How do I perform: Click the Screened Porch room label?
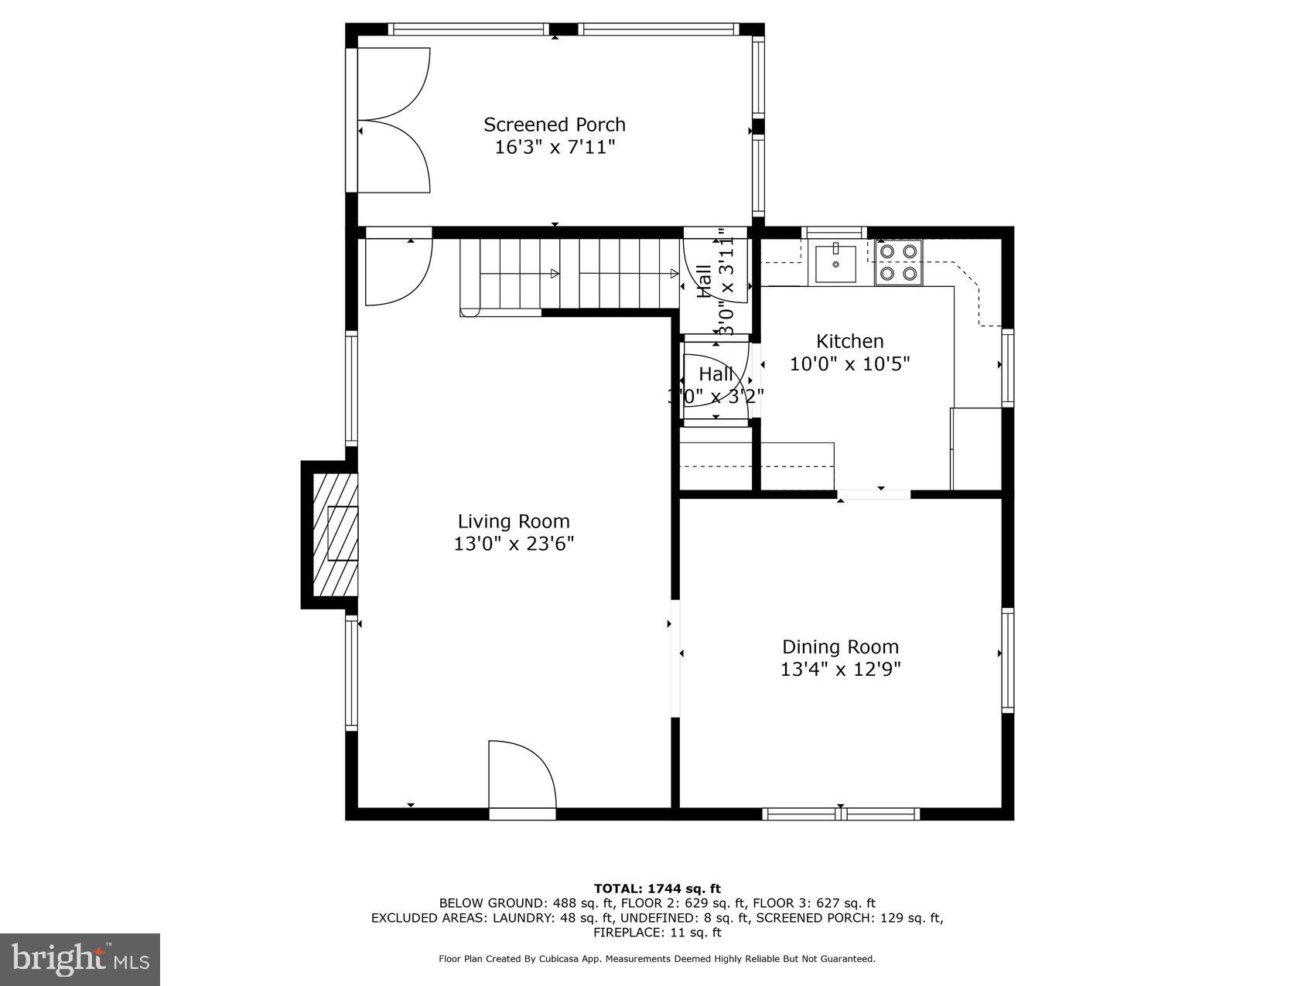click(x=554, y=125)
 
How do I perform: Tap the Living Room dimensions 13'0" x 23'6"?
click(x=514, y=544)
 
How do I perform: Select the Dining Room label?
click(x=840, y=647)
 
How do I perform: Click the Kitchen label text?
click(x=849, y=341)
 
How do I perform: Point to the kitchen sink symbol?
click(x=835, y=263)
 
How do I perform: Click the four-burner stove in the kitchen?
click(x=899, y=262)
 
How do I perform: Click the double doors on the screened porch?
click(x=393, y=120)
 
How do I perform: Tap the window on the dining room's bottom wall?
click(x=840, y=814)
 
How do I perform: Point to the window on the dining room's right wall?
click(x=1008, y=660)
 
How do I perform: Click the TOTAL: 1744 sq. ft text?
click(x=657, y=889)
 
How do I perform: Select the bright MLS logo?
click(x=80, y=959)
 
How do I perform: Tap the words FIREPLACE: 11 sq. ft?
click(x=657, y=933)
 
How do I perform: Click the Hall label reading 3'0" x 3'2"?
click(x=716, y=384)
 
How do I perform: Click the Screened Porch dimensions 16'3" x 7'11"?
click(x=554, y=147)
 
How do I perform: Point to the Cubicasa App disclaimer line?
click(x=657, y=959)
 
